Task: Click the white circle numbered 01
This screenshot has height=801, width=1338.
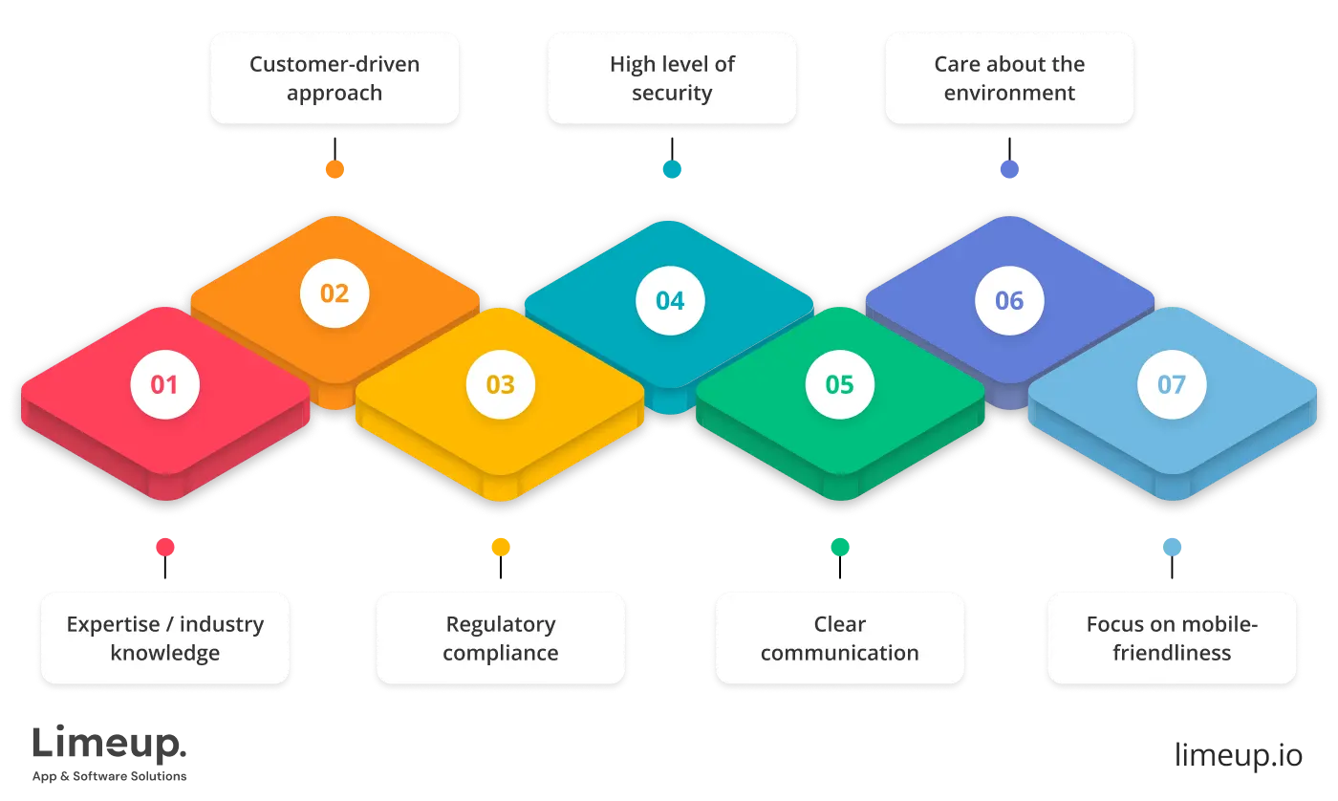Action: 164,384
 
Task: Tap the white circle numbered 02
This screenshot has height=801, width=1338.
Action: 334,292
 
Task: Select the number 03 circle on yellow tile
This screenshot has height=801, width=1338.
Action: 500,384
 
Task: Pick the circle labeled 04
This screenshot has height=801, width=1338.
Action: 670,301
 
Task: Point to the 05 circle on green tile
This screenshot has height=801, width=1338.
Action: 839,384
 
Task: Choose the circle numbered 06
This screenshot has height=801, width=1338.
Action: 1009,301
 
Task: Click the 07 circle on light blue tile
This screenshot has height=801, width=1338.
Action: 1171,384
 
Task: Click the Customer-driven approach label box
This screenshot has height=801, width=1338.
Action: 334,78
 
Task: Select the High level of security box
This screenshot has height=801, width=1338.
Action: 673,78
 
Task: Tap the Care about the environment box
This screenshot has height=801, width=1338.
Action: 1009,78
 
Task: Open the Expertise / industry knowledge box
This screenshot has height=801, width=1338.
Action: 164,638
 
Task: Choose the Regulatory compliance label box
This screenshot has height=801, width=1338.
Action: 500,638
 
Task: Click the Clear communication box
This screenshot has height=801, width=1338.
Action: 839,638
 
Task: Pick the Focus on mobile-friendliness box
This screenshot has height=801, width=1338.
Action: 1172,638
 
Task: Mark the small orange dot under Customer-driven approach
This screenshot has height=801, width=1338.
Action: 334,170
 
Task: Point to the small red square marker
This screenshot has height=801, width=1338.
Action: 164,547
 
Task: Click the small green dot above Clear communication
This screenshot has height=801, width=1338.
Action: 839,547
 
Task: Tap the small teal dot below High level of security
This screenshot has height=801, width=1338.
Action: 673,170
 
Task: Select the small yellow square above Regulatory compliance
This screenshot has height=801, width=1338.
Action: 500,547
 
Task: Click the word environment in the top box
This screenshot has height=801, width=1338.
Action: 1009,94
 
